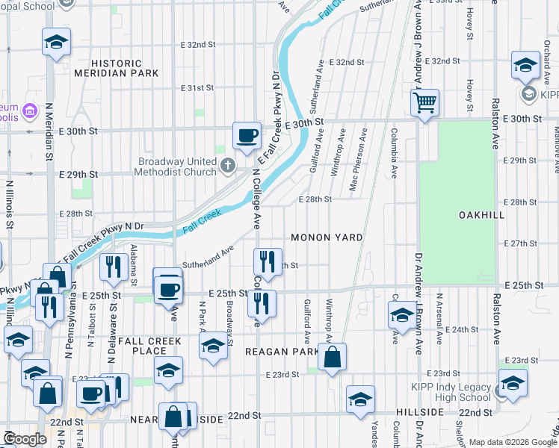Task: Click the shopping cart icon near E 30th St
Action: (x=424, y=102)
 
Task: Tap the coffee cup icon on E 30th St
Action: (x=247, y=135)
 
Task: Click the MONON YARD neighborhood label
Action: (x=327, y=237)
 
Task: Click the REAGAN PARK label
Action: (x=285, y=351)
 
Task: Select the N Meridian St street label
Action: (x=49, y=131)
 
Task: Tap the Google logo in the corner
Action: (x=25, y=439)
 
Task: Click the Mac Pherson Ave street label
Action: (x=364, y=160)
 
